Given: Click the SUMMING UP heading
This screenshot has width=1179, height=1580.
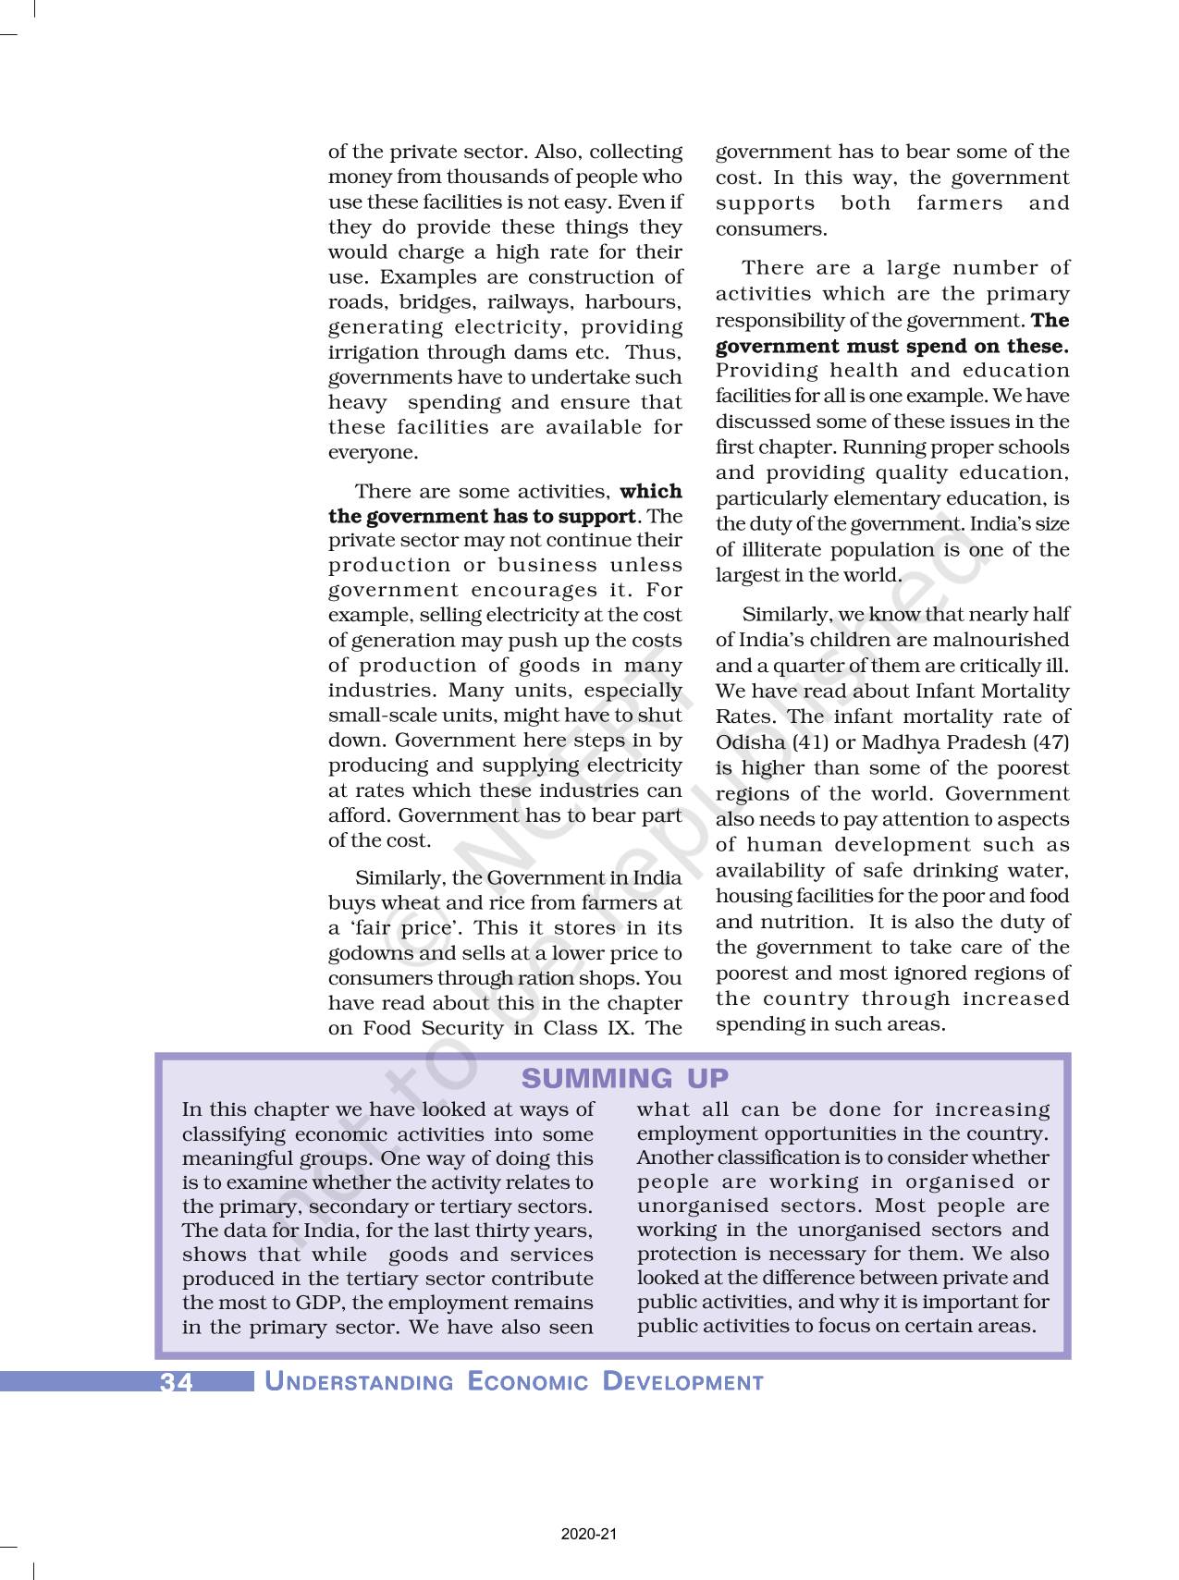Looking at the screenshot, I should coord(625,1078).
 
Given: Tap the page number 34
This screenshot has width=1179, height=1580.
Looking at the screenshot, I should coord(177,1382).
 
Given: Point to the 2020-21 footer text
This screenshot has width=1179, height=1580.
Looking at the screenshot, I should coord(589,1534).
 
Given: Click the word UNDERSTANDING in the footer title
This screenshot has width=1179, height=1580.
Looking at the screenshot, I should coord(359,1382).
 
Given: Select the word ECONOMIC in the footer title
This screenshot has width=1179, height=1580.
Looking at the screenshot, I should coord(528,1382).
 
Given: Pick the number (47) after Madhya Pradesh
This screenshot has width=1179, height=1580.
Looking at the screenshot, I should coord(1050,742).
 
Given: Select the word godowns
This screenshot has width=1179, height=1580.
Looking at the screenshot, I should coord(367,953).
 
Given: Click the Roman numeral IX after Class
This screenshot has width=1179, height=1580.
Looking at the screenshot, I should coord(615,1028).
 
